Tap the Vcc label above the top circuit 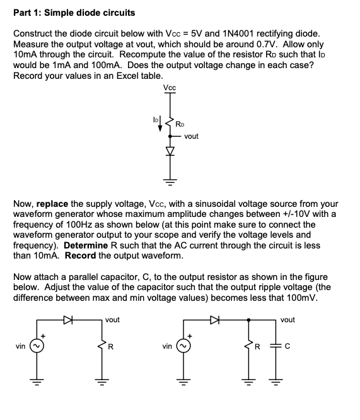169,87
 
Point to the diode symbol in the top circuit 169,151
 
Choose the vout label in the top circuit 192,136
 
